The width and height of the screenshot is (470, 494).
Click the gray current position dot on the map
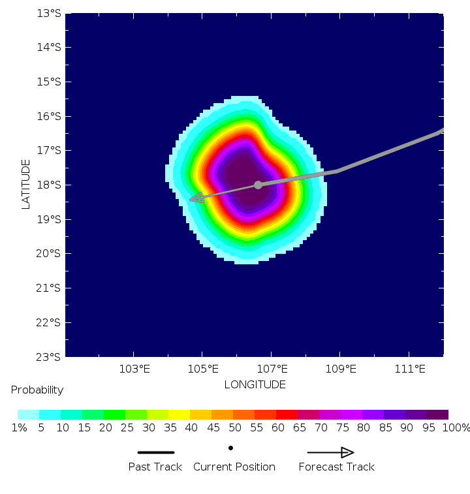point(258,185)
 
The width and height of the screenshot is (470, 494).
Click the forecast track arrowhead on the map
point(196,198)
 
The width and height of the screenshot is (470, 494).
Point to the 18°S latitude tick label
point(50,185)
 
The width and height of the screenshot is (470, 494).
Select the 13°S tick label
point(50,13)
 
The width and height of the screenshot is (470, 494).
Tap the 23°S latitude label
point(50,357)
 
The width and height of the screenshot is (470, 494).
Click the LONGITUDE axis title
point(255,384)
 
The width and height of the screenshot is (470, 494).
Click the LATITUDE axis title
point(26,184)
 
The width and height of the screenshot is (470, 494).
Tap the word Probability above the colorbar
point(37,390)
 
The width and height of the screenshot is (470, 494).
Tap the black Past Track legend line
point(156,452)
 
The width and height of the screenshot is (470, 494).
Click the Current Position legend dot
point(230,448)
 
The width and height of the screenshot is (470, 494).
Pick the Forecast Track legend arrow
point(331,452)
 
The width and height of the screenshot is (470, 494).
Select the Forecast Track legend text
point(336,467)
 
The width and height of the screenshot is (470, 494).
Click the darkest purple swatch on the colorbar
point(437,414)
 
